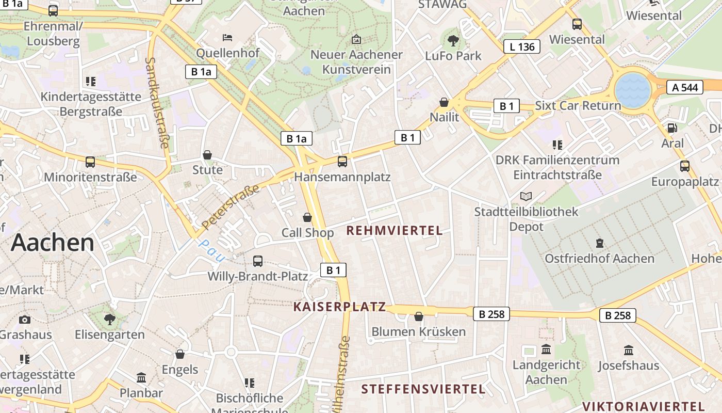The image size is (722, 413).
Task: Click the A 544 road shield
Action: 685,87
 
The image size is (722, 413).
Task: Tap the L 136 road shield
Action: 522,46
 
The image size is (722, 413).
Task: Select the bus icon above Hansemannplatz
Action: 342,162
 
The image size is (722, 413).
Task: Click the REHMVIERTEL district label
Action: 395,231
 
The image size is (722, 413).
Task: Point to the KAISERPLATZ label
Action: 339,307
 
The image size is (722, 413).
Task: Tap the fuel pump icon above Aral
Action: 672,128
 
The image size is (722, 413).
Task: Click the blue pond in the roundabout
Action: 632,90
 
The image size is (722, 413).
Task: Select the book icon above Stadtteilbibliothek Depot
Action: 526,196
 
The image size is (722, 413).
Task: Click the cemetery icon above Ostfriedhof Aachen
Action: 599,243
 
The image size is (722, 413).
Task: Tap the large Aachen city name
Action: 53,242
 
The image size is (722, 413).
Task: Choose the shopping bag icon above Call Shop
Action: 307,217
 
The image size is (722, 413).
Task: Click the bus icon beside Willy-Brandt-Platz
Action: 258,261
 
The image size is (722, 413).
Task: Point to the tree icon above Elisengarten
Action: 109,319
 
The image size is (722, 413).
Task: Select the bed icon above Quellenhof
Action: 227,37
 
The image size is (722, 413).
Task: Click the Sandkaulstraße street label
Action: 157,102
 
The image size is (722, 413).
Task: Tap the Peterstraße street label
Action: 231,208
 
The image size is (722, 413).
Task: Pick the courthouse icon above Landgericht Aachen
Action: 546,350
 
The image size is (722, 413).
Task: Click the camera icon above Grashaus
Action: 25,320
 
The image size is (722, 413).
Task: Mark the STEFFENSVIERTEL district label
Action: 423,389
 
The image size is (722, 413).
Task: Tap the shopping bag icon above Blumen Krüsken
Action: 419,316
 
